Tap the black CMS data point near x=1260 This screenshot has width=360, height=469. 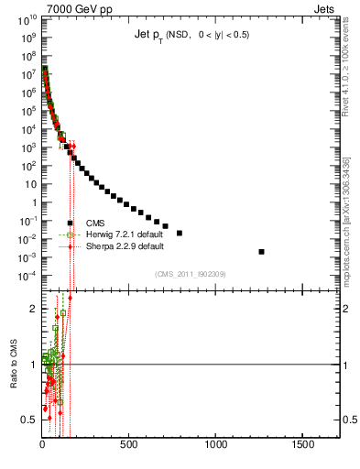tap(262, 251)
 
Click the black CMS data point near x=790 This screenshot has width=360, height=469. tap(180, 233)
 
